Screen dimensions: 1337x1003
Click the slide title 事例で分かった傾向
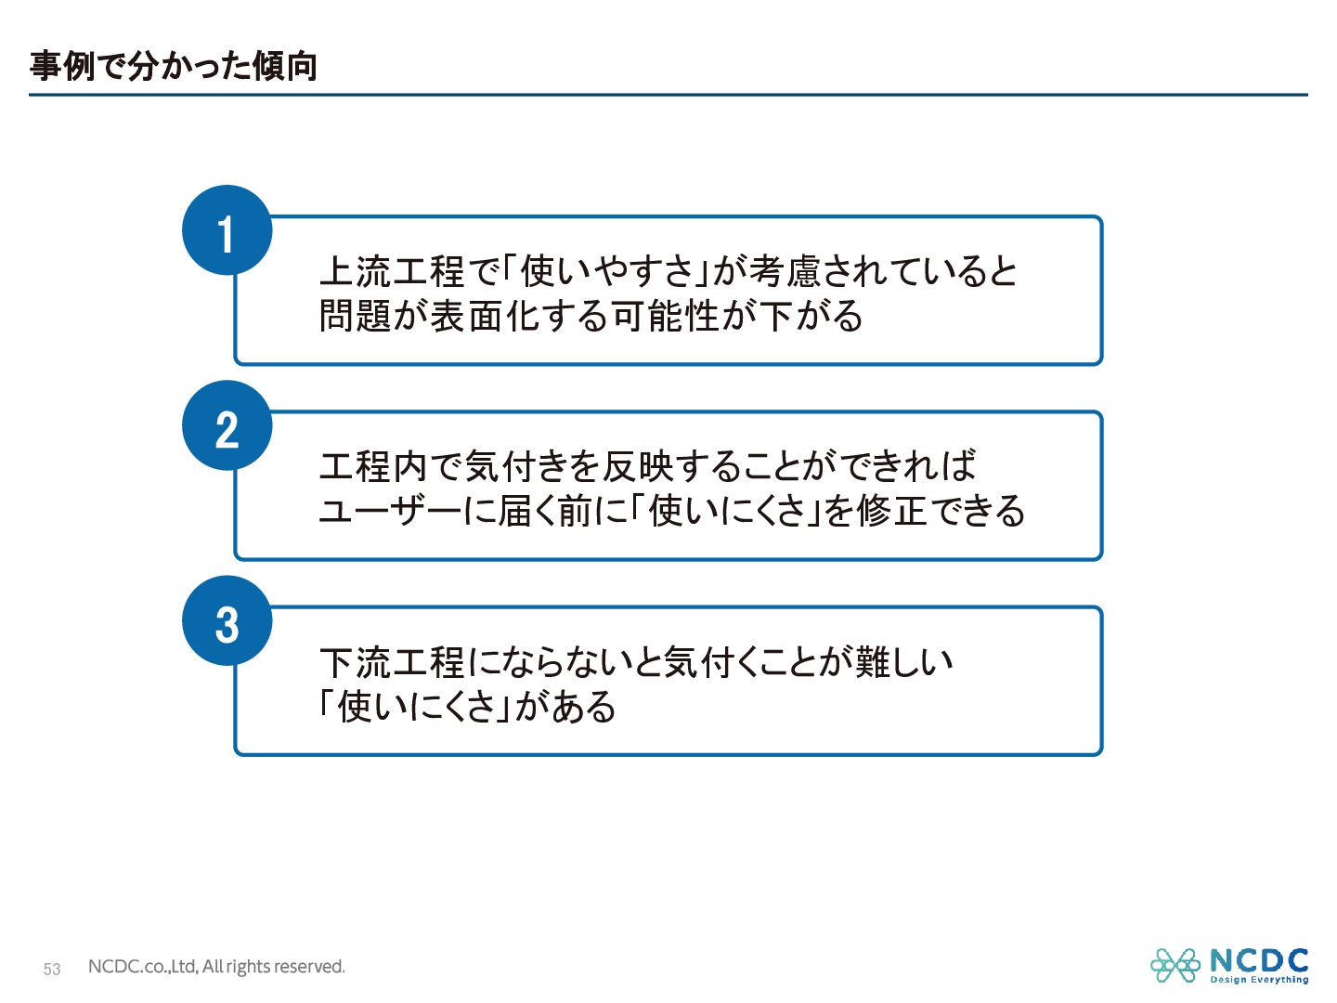pyautogui.click(x=174, y=66)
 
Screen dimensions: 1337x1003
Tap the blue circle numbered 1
pyautogui.click(x=227, y=231)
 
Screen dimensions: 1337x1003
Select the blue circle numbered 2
pyautogui.click(x=227, y=426)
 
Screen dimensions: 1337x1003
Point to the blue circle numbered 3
pyautogui.click(x=227, y=621)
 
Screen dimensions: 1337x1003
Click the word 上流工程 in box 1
pyautogui.click(x=391, y=271)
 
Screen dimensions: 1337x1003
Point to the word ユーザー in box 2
pyautogui.click(x=390, y=511)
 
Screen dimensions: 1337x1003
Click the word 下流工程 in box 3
pyautogui.click(x=391, y=662)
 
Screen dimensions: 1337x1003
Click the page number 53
pyautogui.click(x=52, y=970)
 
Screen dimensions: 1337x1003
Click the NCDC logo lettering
pyautogui.click(x=1259, y=960)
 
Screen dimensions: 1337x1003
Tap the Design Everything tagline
pyautogui.click(x=1259, y=980)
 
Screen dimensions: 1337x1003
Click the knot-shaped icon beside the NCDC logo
pyautogui.click(x=1175, y=965)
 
